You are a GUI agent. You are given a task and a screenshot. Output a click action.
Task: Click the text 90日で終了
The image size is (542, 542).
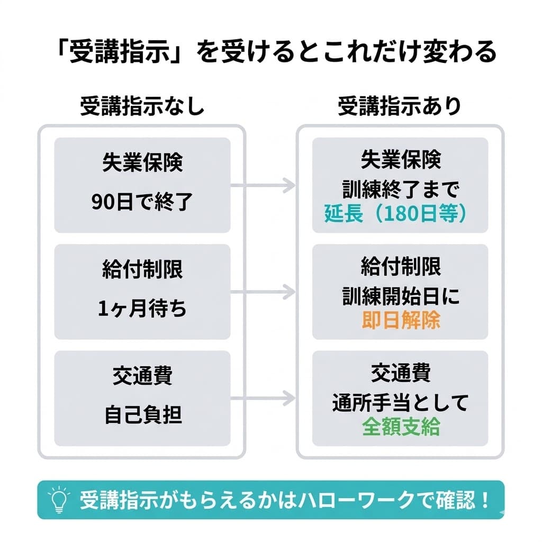pos(142,202)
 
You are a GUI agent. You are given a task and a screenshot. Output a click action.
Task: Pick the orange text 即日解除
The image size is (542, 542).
pos(401,321)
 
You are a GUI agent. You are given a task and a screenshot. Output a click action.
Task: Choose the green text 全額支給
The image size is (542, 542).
pos(401,427)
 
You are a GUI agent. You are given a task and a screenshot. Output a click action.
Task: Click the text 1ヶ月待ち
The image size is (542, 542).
pos(142,309)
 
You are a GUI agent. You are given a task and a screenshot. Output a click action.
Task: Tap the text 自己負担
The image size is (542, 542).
pos(142,415)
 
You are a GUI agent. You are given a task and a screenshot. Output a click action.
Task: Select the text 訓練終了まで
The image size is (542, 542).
pos(400,188)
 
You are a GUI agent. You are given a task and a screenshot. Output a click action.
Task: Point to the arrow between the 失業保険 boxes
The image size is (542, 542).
pos(263,185)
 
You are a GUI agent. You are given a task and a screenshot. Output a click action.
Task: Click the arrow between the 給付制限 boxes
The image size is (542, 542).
pos(263,291)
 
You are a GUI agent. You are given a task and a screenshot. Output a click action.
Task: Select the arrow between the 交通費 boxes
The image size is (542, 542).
pos(263,398)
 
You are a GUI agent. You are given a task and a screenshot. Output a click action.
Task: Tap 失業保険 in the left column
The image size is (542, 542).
pos(142,163)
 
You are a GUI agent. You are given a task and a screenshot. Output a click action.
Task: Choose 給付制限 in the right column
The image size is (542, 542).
pos(401,267)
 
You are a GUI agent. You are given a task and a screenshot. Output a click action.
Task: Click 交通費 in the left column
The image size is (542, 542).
pos(142,376)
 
